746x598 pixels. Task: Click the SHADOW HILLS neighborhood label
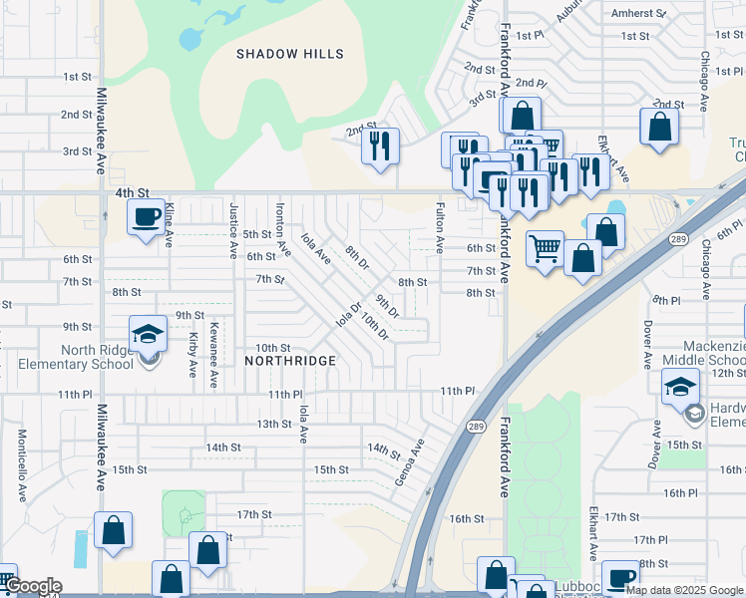290,54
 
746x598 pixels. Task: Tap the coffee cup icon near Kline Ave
146,216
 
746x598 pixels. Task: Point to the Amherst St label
639,14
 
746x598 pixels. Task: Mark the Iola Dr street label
348,315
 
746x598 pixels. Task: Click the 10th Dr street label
375,325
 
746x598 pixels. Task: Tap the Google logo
32,587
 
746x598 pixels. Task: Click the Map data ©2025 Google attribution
685,590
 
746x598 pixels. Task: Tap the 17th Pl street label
649,540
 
